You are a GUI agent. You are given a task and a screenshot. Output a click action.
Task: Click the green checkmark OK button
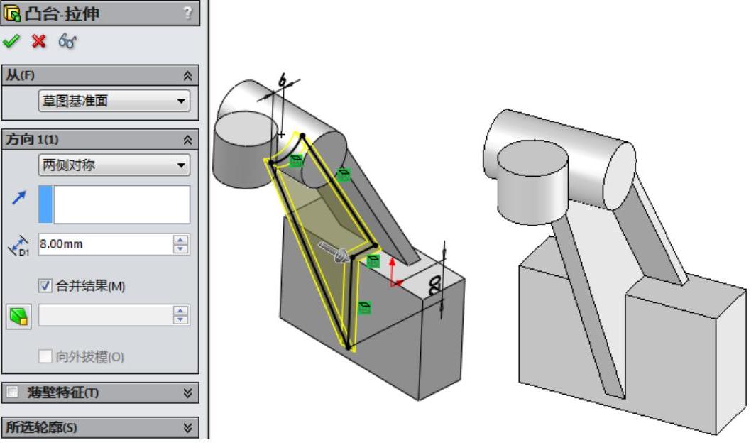(x=11, y=41)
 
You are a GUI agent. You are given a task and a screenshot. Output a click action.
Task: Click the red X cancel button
(x=38, y=41)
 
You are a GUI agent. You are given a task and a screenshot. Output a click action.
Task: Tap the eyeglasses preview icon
(x=67, y=41)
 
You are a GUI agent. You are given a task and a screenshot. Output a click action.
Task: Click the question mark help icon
(x=187, y=13)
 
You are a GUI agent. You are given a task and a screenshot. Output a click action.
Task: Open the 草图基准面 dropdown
(x=114, y=101)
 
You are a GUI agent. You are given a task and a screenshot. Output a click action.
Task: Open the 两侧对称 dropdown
(x=114, y=165)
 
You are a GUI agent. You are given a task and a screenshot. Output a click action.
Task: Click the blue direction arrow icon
(x=18, y=197)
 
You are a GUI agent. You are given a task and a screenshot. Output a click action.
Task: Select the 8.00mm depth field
(x=106, y=244)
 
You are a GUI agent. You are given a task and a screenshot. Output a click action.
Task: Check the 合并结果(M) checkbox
(x=45, y=286)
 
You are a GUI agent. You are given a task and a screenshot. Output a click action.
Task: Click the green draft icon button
(x=18, y=317)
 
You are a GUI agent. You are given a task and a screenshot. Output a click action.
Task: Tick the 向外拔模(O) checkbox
(x=45, y=357)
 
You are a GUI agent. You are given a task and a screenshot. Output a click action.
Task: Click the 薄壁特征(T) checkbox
(x=13, y=392)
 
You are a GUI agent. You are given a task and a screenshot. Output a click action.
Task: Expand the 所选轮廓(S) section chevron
(x=188, y=427)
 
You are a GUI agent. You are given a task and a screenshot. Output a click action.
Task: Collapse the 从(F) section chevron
(x=188, y=76)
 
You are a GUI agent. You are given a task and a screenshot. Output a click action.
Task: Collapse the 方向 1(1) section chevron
(x=188, y=140)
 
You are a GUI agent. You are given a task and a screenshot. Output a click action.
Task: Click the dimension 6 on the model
(x=283, y=80)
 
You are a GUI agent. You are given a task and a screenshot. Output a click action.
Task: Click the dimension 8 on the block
(x=434, y=285)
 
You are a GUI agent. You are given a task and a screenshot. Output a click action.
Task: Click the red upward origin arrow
(x=393, y=270)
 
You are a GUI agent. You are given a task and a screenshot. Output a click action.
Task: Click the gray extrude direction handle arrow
(x=334, y=252)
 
